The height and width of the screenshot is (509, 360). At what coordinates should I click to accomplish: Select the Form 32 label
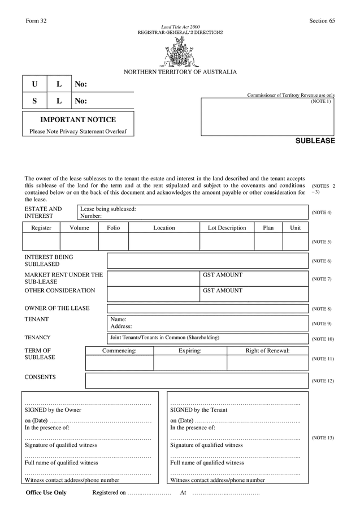tap(36, 21)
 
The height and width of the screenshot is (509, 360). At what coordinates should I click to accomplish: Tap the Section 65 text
tap(322, 21)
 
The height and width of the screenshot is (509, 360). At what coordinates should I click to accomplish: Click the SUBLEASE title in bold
tap(315, 141)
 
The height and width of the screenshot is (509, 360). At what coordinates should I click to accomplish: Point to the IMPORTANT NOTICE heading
tap(78, 120)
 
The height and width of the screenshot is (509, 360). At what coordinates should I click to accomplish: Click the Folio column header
tap(114, 228)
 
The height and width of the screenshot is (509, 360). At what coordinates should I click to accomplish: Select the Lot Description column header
tap(227, 228)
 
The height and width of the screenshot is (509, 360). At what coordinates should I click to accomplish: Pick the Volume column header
tap(79, 228)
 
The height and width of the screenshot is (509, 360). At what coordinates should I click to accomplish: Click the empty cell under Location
tap(164, 241)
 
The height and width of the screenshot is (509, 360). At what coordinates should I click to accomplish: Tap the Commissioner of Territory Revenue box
tap(267, 117)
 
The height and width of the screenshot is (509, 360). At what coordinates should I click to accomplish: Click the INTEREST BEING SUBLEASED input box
tap(207, 261)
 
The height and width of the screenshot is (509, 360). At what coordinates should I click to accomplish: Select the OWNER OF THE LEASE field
tap(207, 309)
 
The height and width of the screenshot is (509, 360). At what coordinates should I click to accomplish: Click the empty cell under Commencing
tap(119, 363)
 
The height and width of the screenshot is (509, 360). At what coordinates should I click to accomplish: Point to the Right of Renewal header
tap(267, 351)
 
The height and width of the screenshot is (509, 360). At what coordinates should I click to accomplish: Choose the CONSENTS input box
tap(197, 381)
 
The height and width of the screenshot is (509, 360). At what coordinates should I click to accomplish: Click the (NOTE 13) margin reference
tap(323, 438)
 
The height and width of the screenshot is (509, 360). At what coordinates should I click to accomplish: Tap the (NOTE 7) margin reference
tap(322, 279)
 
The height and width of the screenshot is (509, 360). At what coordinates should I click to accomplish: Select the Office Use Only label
tap(46, 493)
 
